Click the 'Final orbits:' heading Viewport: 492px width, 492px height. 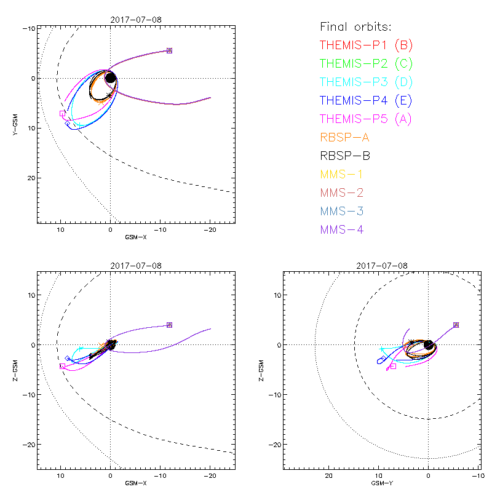coord(356,27)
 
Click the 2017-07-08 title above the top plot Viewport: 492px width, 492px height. coord(136,20)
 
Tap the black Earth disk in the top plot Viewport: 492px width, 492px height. coord(111,78)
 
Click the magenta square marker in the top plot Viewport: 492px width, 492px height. coord(62,113)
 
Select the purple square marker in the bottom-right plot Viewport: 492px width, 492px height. coord(456,325)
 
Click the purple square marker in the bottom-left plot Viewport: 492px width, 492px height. coord(169,325)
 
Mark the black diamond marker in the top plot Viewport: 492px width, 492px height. coord(68,124)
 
